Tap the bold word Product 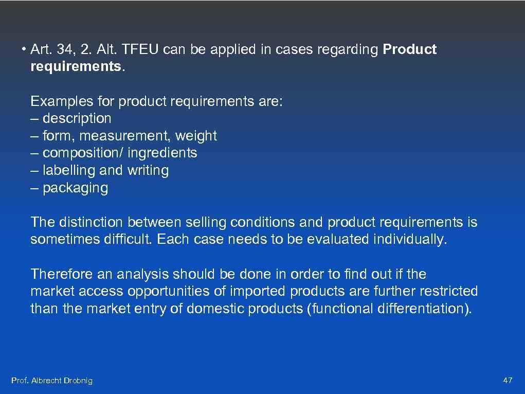(410, 50)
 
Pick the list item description (77, 118)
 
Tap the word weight (196, 136)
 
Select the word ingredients (162, 153)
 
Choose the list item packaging (75, 188)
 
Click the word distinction (91, 222)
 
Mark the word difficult (129, 240)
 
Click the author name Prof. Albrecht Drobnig (52, 381)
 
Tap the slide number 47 (508, 381)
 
